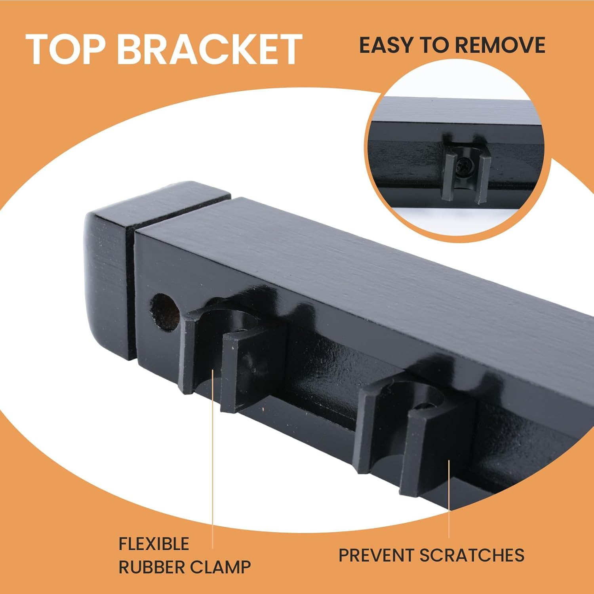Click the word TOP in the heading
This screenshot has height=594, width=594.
(x=66, y=49)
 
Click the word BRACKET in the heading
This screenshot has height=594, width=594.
(x=210, y=49)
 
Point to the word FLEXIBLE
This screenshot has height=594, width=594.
(x=154, y=544)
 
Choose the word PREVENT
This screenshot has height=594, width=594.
(x=377, y=555)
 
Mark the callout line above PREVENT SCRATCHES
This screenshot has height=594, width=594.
(x=449, y=499)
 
